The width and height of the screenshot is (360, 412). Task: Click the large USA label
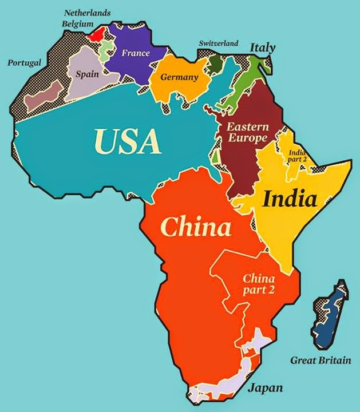click(x=126, y=141)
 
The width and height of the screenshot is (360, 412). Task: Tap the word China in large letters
click(x=196, y=228)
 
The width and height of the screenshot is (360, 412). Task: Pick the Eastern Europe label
click(x=247, y=133)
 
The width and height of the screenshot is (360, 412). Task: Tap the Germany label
click(x=179, y=77)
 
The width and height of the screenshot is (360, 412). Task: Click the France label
click(x=136, y=53)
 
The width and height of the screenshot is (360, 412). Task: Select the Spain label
click(x=87, y=74)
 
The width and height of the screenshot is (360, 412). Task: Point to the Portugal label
click(x=24, y=62)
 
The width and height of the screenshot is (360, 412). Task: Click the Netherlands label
click(x=87, y=13)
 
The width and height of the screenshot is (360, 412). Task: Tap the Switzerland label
click(x=218, y=43)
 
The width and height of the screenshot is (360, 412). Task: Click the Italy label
click(x=262, y=47)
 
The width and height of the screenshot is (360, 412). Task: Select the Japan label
click(x=264, y=388)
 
